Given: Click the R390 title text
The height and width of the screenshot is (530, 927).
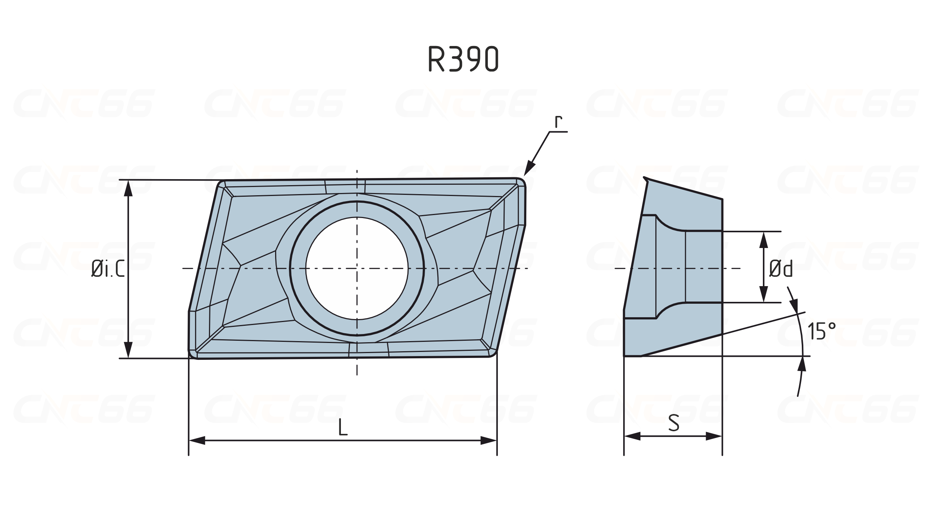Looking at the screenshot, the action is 463,59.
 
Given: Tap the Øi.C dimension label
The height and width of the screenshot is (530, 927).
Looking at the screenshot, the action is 108,269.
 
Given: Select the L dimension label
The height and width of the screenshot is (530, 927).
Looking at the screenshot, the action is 342,427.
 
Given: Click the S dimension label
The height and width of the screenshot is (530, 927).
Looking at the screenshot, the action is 674,423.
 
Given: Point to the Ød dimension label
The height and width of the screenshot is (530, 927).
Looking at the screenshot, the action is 781,269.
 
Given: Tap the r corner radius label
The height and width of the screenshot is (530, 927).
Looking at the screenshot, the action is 558,122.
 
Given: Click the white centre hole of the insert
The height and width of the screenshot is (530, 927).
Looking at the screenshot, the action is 357,268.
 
